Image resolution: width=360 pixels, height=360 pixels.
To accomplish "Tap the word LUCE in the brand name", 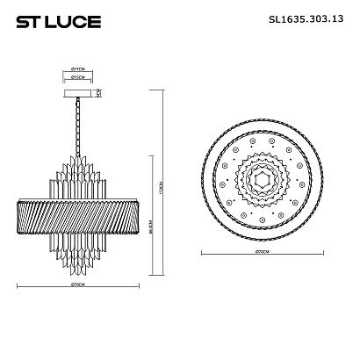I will click(61, 20).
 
